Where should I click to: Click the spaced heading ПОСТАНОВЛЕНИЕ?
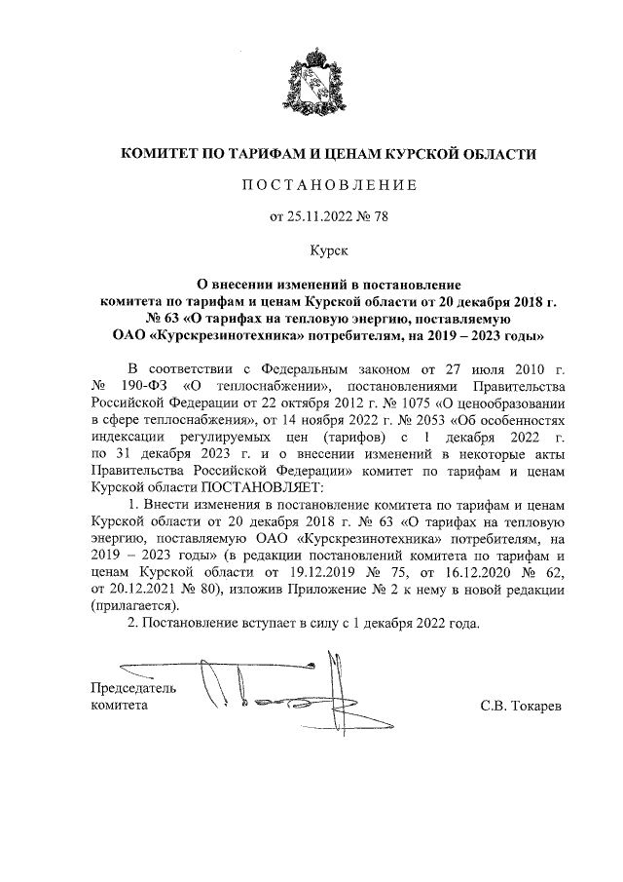[x=328, y=184]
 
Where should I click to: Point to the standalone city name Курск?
[x=328, y=251]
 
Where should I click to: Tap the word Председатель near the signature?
[x=133, y=686]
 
